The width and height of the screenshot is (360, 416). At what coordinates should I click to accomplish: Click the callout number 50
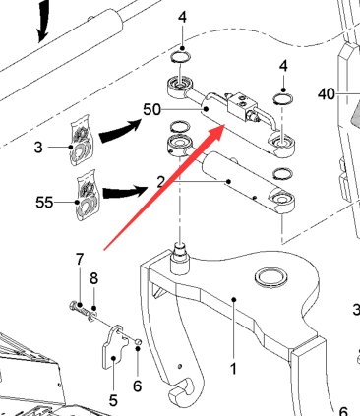coord(151,109)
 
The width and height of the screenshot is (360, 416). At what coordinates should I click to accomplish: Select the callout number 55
coord(44,203)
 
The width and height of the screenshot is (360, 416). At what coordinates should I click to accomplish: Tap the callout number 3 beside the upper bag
coord(38,148)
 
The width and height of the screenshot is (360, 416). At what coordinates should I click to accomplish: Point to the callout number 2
coord(160,182)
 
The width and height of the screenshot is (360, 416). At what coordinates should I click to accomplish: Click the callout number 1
coord(233,369)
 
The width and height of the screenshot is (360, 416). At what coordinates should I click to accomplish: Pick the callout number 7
coord(80,260)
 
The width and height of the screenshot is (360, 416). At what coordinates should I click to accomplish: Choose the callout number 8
coord(93,278)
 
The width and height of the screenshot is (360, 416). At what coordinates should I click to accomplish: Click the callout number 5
coord(113,400)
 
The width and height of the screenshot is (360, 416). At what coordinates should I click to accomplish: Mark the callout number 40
coord(327,94)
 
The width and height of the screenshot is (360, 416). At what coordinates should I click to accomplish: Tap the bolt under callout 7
coord(80,309)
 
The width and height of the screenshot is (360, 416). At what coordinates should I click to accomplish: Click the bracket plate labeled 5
coord(113,347)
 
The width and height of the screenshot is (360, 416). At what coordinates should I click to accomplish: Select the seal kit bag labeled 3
coord(81,141)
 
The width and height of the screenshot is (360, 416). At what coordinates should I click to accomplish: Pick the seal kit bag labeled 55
coord(88,196)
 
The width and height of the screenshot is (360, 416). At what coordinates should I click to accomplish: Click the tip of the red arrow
coord(225,125)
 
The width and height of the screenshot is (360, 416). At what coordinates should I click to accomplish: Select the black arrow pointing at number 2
coord(125,192)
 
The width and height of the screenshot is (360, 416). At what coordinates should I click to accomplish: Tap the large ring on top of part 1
coord(272,277)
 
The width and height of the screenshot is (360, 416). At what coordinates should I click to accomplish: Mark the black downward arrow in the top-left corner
coord(43,22)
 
